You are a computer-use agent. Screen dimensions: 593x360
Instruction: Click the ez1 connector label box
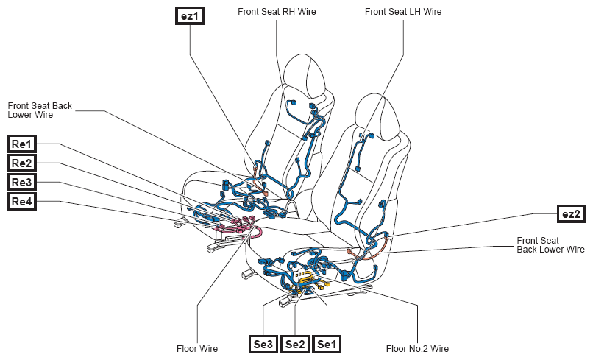click(190, 16)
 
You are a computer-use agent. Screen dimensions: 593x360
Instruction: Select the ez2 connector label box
click(571, 214)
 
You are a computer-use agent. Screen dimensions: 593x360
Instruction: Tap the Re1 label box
click(21, 144)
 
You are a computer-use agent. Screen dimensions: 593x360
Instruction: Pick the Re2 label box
click(21, 163)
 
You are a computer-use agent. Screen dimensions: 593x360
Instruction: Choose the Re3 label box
click(21, 182)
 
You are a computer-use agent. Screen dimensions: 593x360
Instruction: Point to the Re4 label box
click(21, 202)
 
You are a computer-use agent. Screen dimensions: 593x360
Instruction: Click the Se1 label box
click(327, 344)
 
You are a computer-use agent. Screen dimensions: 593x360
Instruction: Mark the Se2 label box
click(294, 344)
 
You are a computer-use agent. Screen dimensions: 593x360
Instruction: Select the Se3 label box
click(263, 344)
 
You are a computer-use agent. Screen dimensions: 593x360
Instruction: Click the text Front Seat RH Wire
click(277, 12)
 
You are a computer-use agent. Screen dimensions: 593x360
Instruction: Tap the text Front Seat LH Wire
click(403, 12)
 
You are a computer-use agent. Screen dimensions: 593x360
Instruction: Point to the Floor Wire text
click(197, 349)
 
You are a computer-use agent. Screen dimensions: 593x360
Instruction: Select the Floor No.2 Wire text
click(417, 349)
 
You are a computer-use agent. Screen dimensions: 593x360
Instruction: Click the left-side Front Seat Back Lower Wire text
click(40, 110)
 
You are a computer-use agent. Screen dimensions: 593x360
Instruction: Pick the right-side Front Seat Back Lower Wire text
click(550, 245)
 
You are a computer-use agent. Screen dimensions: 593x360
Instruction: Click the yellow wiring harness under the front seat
click(308, 281)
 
